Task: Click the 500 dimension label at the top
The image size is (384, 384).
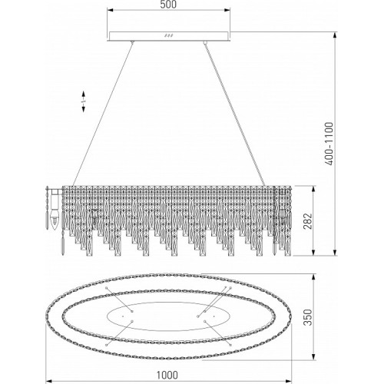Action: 168,5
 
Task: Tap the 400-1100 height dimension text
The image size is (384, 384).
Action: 329,144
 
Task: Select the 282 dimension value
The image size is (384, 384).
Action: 308,221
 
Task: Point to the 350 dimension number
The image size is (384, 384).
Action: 308,317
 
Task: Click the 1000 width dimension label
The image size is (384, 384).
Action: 167,376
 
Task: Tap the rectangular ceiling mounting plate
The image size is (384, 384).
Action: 168,36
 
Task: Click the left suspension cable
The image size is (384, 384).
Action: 102,114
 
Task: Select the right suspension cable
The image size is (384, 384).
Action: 235,114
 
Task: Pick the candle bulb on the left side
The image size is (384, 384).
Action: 55,220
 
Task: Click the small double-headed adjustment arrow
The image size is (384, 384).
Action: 84,101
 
